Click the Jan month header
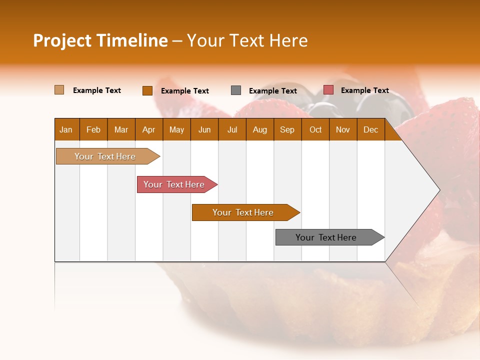[x=66, y=129]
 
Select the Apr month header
[x=149, y=129]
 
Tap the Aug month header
[x=260, y=129]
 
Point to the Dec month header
[x=370, y=129]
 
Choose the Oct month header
[x=315, y=129]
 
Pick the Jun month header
[x=204, y=129]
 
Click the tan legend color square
[x=59, y=90]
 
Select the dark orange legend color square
[x=147, y=90]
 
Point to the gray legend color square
[x=236, y=90]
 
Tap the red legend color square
[x=328, y=90]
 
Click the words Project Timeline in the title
[x=100, y=40]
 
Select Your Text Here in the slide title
[x=247, y=40]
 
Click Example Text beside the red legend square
[x=364, y=90]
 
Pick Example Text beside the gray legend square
[x=273, y=91]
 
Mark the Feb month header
[x=93, y=129]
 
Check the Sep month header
[x=287, y=129]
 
